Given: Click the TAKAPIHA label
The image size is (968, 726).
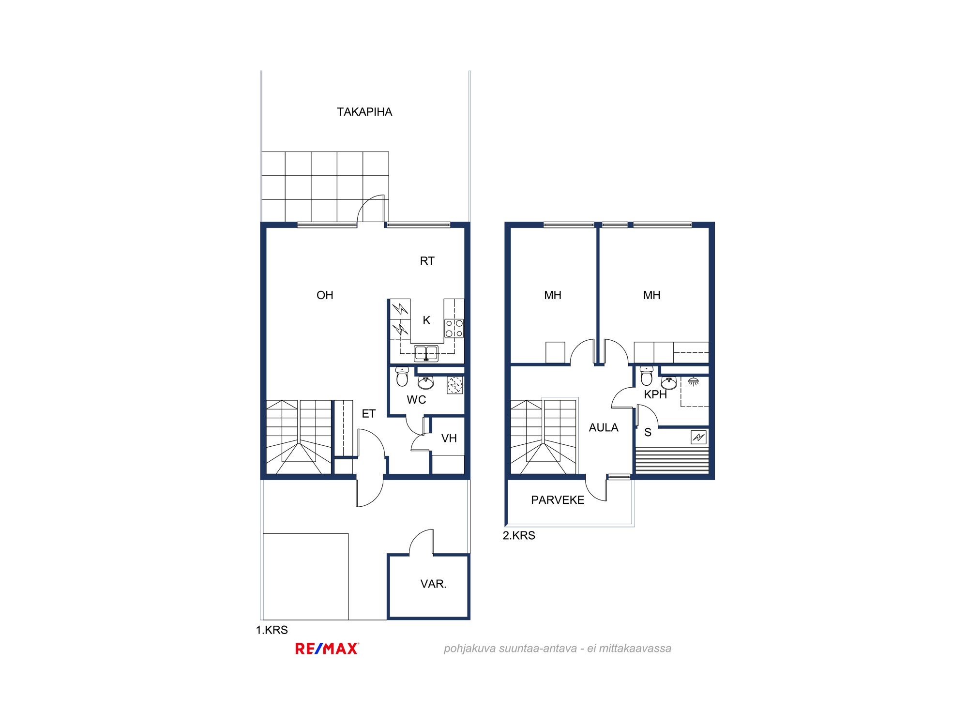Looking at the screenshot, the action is pyautogui.click(x=364, y=112).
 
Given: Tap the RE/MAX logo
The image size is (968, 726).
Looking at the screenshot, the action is pyautogui.click(x=327, y=649).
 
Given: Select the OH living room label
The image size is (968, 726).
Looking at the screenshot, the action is pyautogui.click(x=325, y=295).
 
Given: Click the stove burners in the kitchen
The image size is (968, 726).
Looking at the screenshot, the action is pyautogui.click(x=454, y=328).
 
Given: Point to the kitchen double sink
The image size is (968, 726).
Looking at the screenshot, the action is pyautogui.click(x=426, y=353).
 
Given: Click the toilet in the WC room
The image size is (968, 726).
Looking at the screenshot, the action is pyautogui.click(x=402, y=377).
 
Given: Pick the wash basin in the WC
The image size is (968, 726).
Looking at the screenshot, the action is pyautogui.click(x=426, y=383).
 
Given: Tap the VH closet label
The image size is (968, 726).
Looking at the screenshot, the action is pyautogui.click(x=449, y=439).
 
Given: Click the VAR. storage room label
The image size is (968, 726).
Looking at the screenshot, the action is pyautogui.click(x=433, y=584).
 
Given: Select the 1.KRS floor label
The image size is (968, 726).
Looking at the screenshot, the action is pyautogui.click(x=272, y=630).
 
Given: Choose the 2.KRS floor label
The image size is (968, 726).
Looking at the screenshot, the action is pyautogui.click(x=519, y=536).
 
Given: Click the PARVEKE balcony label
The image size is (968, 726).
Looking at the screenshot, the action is pyautogui.click(x=558, y=500).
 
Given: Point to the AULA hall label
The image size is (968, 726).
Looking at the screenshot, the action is pyautogui.click(x=604, y=428).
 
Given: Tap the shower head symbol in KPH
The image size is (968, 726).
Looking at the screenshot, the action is pyautogui.click(x=694, y=381).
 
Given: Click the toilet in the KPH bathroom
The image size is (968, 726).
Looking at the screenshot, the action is pyautogui.click(x=647, y=376).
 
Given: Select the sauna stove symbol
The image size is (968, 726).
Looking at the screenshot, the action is pyautogui.click(x=698, y=438).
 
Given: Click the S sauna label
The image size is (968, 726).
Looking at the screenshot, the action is pyautogui.click(x=648, y=433).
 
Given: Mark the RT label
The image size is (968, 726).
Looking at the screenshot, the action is pyautogui.click(x=427, y=261).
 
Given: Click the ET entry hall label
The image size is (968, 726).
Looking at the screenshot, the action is pyautogui.click(x=369, y=414).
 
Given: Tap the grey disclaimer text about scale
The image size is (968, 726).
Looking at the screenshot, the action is pyautogui.click(x=558, y=649).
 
